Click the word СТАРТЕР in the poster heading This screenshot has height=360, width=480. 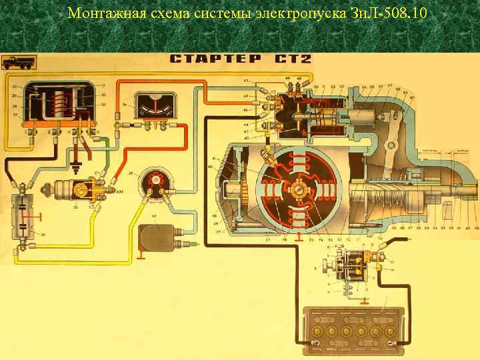pyautogui.click(x=215, y=59)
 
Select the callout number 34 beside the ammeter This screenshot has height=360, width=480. pyautogui.click(x=125, y=105)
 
